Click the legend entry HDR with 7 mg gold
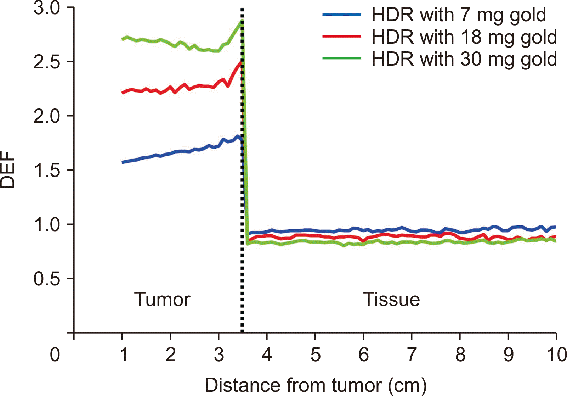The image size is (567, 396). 459,15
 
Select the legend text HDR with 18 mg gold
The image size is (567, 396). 464,37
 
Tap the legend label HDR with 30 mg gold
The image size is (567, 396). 464,59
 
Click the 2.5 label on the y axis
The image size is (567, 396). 47,62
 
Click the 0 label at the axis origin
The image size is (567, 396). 55,355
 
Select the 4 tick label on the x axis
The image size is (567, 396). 267,355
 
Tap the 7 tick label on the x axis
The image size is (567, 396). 412,355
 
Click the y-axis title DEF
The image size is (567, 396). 8,169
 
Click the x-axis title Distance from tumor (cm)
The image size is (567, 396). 316,386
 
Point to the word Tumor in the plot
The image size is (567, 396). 162,300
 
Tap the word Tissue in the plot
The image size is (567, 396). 391,300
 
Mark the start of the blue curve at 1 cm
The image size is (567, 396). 123,162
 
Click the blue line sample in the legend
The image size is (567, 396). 341,15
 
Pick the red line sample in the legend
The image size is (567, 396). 341,37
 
